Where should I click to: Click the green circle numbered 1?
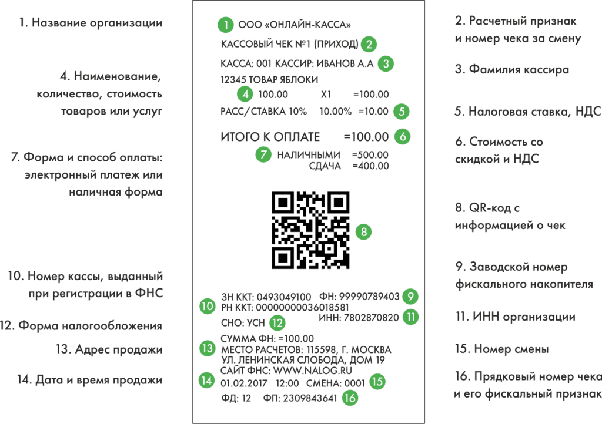225,25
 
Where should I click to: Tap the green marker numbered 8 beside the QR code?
363,231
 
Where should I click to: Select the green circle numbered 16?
350,398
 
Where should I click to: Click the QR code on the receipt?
310,230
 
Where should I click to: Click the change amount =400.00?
370,166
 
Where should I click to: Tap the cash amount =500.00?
370,155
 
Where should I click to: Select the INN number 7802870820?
372,318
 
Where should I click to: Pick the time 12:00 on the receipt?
287,383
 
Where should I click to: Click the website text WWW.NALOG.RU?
313,371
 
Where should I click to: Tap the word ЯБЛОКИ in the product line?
299,80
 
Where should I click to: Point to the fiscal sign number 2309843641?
310,398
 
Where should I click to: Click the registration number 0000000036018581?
303,308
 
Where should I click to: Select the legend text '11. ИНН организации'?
515,317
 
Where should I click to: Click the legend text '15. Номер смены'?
502,349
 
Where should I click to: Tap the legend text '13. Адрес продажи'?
109,349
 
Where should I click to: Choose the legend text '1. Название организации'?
91,23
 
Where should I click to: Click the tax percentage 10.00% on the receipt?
336,112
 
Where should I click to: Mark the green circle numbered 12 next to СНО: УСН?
277,323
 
